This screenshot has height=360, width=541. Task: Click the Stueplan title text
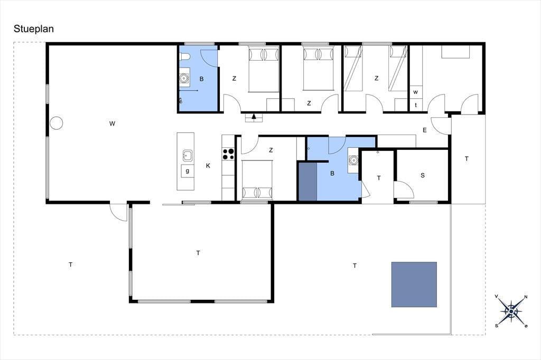tap(34, 29)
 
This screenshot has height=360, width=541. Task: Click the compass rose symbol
tap(511, 311)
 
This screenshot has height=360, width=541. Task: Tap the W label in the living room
tap(112, 124)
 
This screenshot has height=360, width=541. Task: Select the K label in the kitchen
tap(208, 166)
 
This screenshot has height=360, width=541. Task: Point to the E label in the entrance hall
tap(425, 130)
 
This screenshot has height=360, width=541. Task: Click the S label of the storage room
tap(423, 175)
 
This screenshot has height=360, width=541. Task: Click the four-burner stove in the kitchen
tap(228, 154)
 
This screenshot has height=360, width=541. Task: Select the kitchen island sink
tap(188, 156)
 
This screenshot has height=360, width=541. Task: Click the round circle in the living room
tap(56, 123)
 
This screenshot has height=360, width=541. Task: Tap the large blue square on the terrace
tap(414, 285)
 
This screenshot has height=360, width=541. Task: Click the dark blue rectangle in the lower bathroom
tap(308, 182)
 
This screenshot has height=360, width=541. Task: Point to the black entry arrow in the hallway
tap(254, 116)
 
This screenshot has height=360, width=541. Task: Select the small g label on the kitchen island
tap(188, 170)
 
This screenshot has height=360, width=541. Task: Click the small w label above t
tap(415, 92)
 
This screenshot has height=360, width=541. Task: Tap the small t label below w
tap(416, 105)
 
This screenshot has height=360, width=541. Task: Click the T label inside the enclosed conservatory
tap(198, 253)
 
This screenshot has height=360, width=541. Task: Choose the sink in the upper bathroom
tap(184, 78)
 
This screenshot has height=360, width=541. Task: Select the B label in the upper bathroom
tap(201, 79)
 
